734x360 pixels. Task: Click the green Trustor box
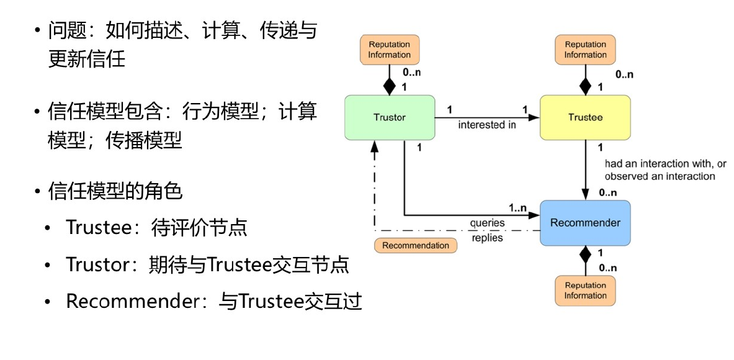click(390, 117)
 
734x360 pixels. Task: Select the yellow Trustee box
click(585, 117)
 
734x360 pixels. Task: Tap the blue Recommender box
click(585, 223)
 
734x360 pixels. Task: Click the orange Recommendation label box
click(416, 245)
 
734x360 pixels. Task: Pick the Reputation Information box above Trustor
click(390, 50)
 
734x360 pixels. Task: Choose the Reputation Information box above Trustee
click(585, 50)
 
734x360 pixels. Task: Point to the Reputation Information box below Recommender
click(585, 290)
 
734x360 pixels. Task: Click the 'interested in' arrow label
click(487, 125)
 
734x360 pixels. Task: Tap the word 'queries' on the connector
click(487, 223)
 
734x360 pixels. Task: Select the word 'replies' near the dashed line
click(487, 237)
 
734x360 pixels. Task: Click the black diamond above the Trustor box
click(390, 84)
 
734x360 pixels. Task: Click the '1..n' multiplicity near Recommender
click(519, 207)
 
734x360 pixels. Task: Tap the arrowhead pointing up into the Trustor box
click(375, 145)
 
